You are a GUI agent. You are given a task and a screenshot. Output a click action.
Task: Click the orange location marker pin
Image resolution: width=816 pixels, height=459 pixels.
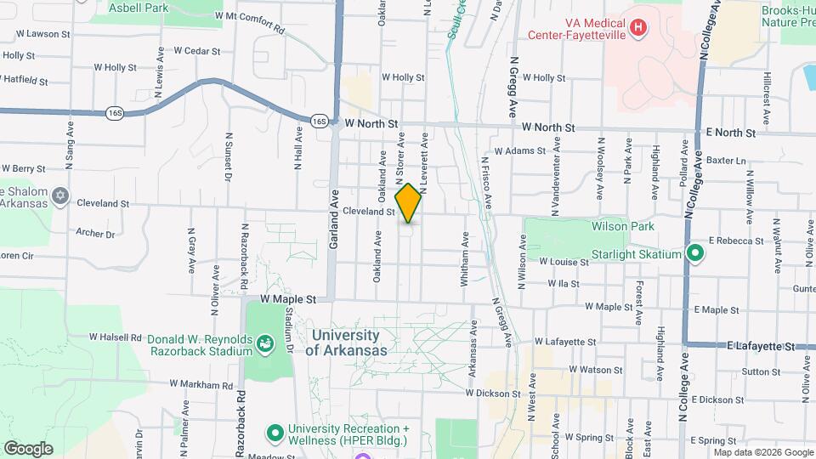tap(409, 203)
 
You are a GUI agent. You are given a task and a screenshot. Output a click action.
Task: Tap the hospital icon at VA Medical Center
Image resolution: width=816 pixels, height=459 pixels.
tap(638, 29)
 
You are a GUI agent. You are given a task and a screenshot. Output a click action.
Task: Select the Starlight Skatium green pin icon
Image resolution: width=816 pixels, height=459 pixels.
tap(694, 253)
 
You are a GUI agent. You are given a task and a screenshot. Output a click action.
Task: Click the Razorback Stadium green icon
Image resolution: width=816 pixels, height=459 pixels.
tap(265, 343)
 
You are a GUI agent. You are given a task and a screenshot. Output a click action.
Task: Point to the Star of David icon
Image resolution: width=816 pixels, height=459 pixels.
tap(59, 196)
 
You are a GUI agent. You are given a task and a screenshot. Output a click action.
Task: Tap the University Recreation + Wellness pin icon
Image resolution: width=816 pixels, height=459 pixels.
tap(275, 433)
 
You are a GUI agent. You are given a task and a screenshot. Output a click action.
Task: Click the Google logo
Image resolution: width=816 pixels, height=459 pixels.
tap(28, 449)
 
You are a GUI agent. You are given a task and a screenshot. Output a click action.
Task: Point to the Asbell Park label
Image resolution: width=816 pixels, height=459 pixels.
tap(138, 7)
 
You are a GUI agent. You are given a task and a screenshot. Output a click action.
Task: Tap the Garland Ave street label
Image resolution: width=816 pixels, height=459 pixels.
tap(334, 229)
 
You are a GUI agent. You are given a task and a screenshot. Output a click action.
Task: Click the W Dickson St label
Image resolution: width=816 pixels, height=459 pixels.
tap(493, 394)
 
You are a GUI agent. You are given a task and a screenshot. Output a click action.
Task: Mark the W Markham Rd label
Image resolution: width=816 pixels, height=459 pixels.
tap(201, 384)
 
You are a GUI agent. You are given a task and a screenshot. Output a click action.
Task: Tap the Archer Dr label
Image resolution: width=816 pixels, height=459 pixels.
tap(94, 233)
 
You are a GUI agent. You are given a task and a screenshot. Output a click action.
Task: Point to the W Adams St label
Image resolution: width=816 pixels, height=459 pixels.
tap(518, 150)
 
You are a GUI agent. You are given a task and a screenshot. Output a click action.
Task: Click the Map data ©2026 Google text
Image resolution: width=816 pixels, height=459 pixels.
tap(763, 452)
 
